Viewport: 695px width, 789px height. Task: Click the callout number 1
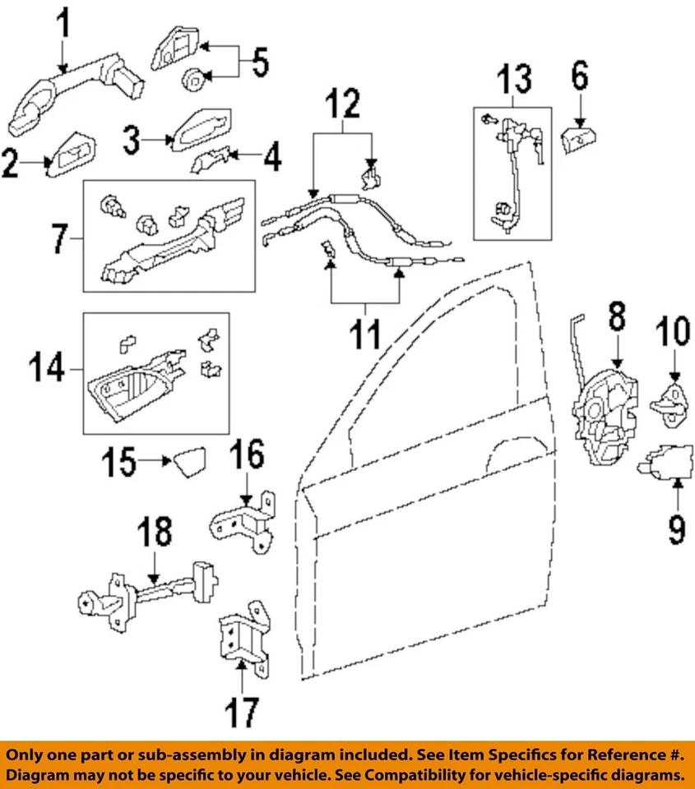pyautogui.click(x=61, y=30)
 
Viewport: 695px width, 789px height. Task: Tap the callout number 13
pyautogui.click(x=514, y=81)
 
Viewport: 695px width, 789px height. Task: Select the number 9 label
pyautogui.click(x=676, y=528)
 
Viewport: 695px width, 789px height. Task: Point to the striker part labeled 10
pyautogui.click(x=674, y=401)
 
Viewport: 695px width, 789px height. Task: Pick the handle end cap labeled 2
pyautogui.click(x=72, y=154)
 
